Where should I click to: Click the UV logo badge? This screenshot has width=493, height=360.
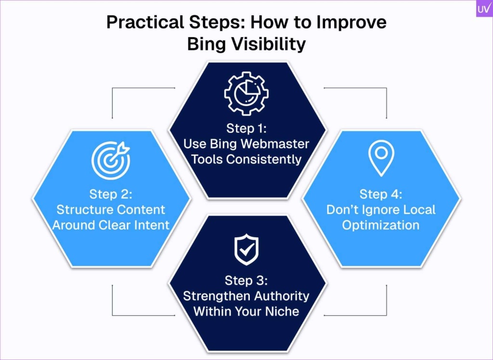point(484,9)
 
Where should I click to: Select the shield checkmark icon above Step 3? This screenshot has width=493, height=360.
point(246,249)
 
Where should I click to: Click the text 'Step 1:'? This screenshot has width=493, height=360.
point(246,129)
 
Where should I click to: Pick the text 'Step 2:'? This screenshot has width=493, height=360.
point(111,194)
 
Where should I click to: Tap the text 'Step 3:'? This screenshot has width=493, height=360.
point(246,281)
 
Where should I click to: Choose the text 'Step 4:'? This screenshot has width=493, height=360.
point(381,194)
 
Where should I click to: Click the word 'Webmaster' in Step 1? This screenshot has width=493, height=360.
point(275,144)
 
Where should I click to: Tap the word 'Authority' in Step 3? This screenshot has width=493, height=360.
point(282,296)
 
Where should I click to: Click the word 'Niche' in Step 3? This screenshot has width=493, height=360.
point(282,311)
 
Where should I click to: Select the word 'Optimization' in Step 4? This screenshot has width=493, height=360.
point(381,225)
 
